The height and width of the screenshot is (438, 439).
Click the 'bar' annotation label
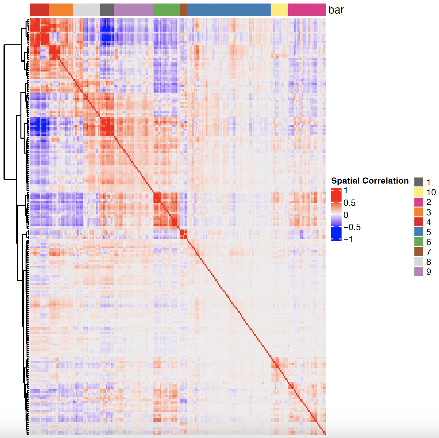click(336, 10)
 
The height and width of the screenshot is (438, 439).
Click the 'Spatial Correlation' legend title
click(370, 181)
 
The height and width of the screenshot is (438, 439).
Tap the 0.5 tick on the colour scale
click(349, 203)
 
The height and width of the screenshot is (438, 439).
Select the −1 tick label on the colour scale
click(348, 239)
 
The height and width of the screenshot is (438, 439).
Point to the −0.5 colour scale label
click(352, 227)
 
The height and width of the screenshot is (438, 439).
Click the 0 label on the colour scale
click(346, 215)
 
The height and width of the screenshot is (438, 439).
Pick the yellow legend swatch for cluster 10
click(419, 192)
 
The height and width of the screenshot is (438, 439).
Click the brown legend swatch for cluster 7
click(419, 252)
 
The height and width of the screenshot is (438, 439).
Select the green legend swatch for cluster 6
click(419, 242)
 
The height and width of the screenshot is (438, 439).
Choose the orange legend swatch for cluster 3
click(419, 212)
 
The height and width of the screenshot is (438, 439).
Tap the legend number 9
click(429, 272)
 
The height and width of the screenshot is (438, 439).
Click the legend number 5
click(429, 232)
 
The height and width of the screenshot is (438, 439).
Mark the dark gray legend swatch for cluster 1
click(419, 182)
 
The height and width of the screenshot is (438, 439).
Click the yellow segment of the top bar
click(279, 10)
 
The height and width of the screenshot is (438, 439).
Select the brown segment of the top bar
click(183, 10)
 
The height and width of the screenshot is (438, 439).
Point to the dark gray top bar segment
click(107, 10)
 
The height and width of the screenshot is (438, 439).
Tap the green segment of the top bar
click(166, 10)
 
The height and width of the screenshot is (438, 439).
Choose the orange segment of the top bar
click(61, 10)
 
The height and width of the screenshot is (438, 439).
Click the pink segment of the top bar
click(307, 10)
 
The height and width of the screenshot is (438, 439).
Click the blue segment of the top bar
click(229, 10)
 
